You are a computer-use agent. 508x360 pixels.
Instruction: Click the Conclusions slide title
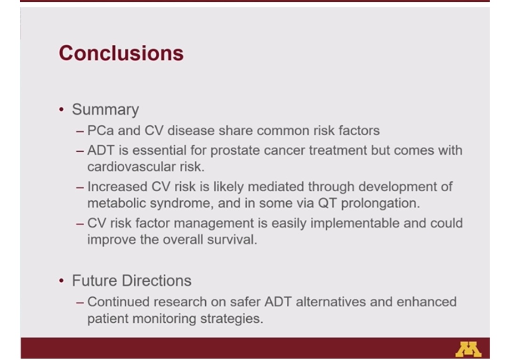121,53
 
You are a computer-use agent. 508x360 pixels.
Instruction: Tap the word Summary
105,110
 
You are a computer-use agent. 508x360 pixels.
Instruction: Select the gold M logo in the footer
468,349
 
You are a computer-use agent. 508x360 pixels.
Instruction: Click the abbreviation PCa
100,131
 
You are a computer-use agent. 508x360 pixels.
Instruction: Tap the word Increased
117,187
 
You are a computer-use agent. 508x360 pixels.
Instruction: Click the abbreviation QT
328,204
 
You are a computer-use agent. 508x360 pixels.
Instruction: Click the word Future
95,280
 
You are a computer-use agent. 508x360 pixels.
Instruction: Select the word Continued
119,302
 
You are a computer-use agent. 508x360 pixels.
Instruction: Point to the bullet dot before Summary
62,110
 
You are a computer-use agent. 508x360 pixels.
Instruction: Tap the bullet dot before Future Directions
62,281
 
